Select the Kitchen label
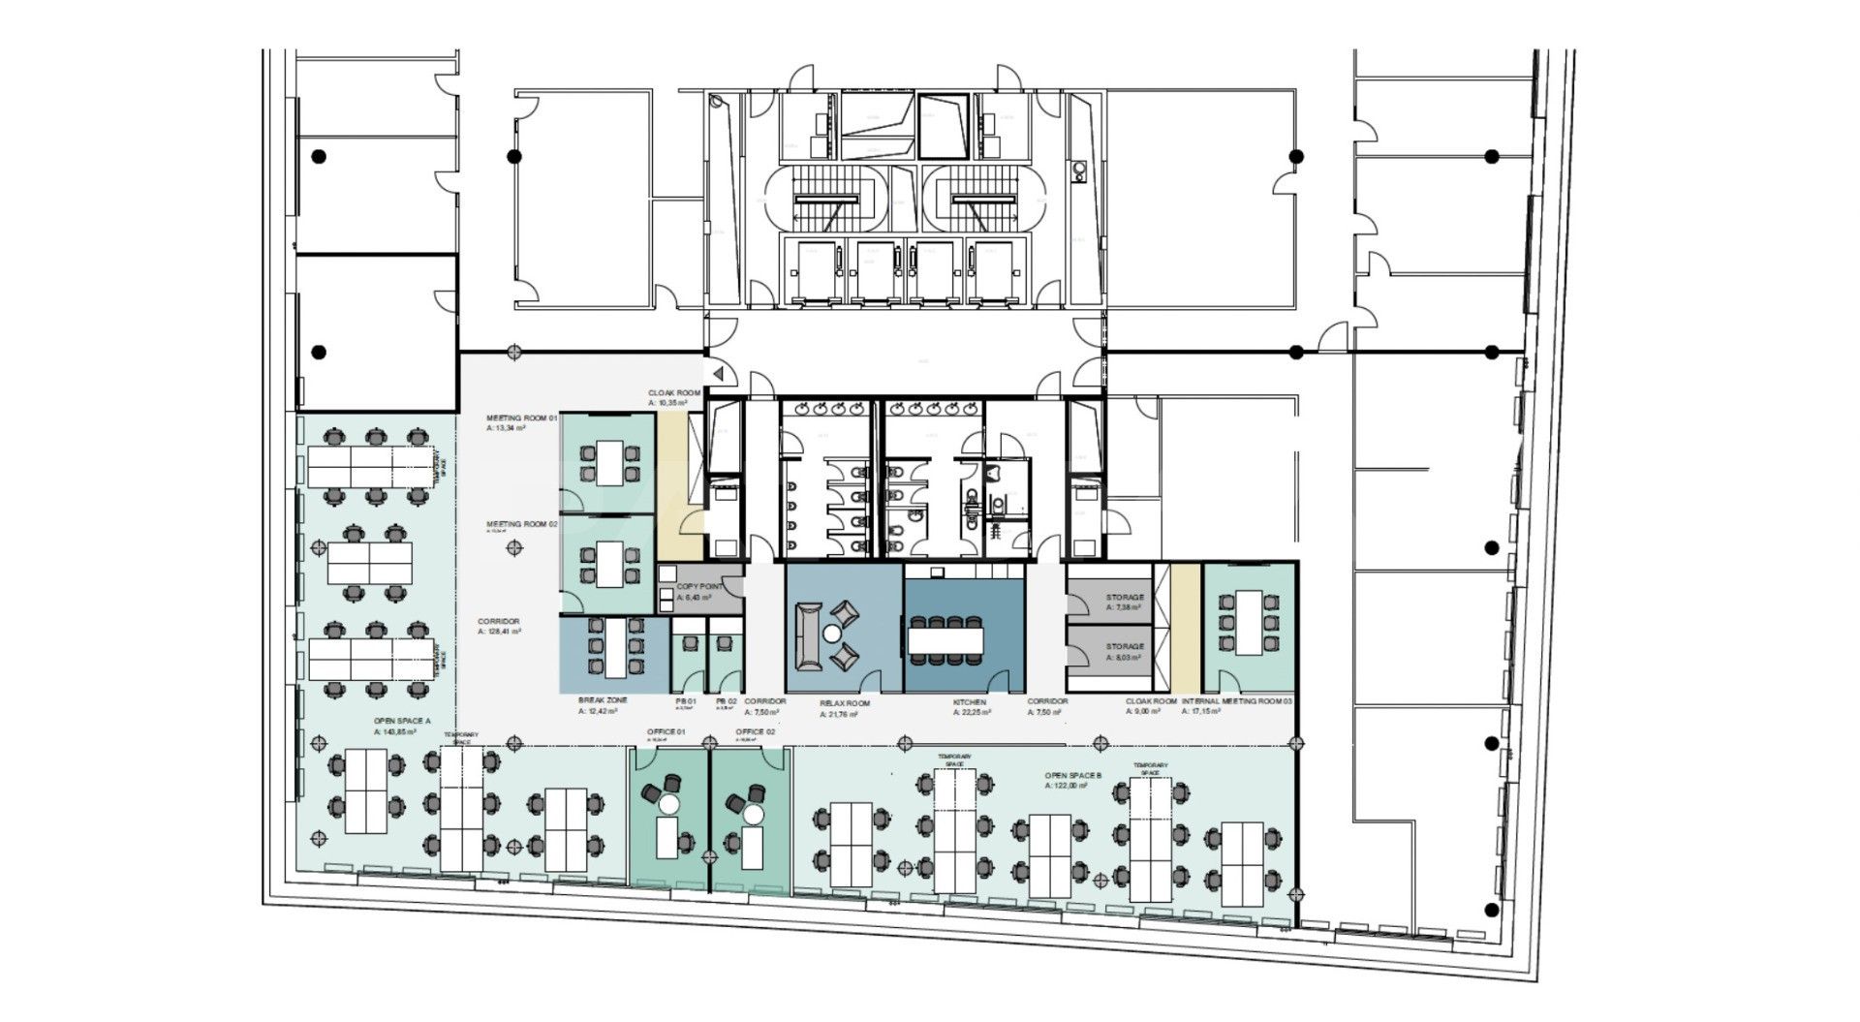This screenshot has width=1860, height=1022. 969,701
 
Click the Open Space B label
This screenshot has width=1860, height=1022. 1073,776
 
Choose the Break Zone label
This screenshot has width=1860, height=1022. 603,700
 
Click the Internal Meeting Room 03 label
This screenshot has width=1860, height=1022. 1237,700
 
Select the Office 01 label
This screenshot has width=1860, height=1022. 666,731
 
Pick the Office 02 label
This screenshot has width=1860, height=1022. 755,731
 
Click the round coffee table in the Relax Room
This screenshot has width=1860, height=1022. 831,635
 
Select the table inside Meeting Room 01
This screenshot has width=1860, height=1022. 608,462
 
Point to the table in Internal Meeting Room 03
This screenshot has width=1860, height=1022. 1250,621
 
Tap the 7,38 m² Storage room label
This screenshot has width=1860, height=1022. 1125,598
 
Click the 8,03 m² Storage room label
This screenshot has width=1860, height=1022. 1125,646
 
